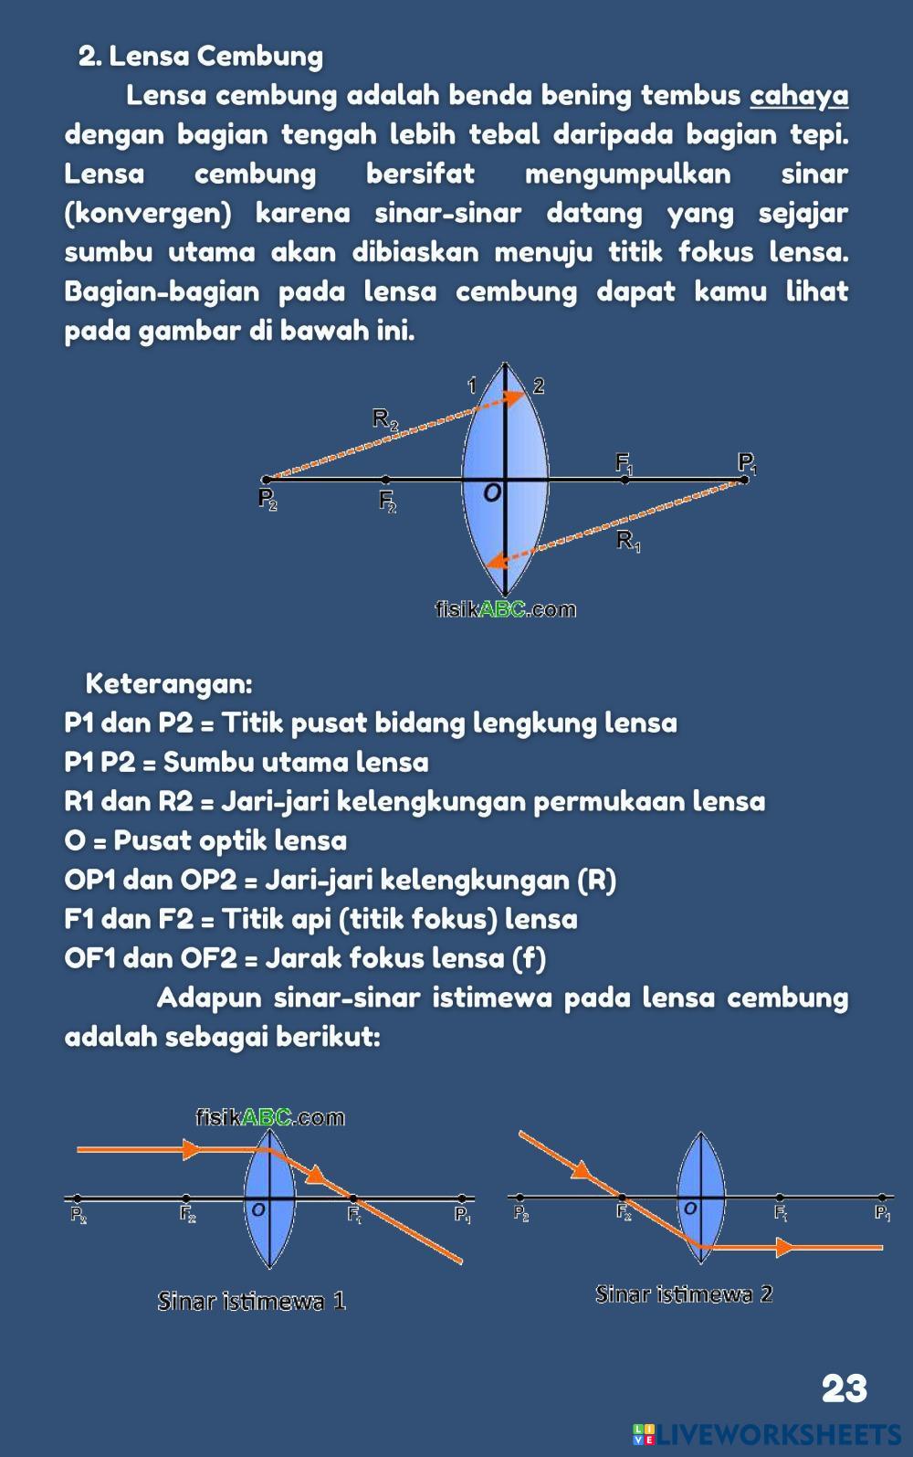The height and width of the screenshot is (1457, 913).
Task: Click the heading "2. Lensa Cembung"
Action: pyautogui.click(x=201, y=57)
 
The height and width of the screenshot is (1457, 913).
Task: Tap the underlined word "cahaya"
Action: pyautogui.click(x=799, y=96)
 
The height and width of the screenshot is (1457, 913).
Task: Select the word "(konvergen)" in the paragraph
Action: pyautogui.click(x=148, y=214)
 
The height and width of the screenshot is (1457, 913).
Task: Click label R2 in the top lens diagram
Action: pyautogui.click(x=384, y=419)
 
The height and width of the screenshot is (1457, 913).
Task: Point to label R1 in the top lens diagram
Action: pyautogui.click(x=628, y=541)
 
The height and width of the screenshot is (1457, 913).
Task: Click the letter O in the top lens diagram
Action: pyautogui.click(x=491, y=493)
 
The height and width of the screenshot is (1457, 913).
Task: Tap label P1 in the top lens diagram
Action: pyautogui.click(x=747, y=464)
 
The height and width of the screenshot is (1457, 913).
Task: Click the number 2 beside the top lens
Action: pyautogui.click(x=539, y=386)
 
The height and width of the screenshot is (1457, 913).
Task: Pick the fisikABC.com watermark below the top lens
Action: pyautogui.click(x=505, y=609)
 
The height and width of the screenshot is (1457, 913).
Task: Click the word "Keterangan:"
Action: pyautogui.click(x=169, y=683)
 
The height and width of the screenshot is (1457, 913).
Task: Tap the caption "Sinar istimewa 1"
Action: pyautogui.click(x=251, y=1300)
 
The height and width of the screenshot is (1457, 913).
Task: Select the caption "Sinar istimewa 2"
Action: pyautogui.click(x=684, y=1293)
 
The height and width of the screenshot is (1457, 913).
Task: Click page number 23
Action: pyautogui.click(x=844, y=1388)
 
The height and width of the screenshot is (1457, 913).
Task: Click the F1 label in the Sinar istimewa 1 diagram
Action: pyautogui.click(x=355, y=1216)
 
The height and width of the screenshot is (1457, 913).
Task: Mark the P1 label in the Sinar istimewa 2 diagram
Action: pyautogui.click(x=882, y=1213)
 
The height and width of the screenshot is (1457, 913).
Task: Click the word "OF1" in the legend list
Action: pyautogui.click(x=89, y=958)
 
